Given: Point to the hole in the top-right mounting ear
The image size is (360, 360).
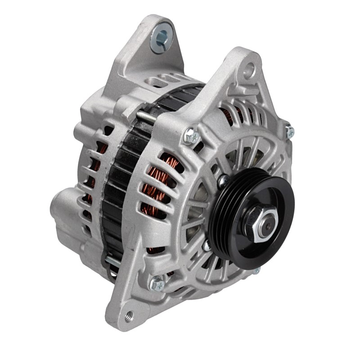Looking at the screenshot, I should click(x=248, y=70).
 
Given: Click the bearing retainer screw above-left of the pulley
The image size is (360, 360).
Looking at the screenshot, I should click(x=222, y=181).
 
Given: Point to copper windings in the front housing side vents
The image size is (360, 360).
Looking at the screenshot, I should click(x=155, y=184).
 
